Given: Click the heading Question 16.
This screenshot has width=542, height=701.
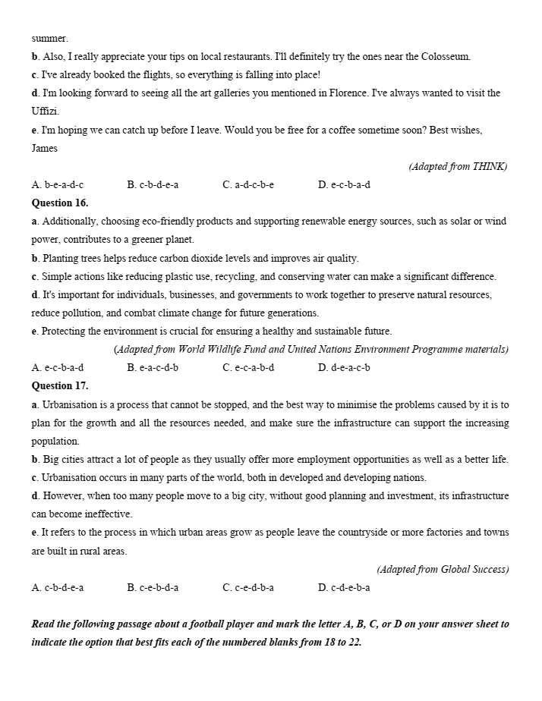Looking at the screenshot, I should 60,203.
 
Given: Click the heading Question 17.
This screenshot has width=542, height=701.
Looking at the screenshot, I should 60,385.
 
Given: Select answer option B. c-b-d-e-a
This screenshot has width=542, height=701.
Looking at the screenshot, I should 153,184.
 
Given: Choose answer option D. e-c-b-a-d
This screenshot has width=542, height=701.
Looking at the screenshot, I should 344,184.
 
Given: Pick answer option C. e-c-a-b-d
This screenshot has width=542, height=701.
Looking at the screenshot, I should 248,367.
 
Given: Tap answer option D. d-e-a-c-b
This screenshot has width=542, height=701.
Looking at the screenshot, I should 344,367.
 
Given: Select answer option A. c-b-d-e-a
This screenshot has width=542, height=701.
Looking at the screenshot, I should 58,587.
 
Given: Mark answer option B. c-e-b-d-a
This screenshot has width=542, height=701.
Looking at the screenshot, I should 153,587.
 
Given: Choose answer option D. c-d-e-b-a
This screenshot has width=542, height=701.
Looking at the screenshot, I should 344,587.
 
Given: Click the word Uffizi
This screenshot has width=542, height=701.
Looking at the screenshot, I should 44,112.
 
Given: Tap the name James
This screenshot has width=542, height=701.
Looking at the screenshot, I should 44,148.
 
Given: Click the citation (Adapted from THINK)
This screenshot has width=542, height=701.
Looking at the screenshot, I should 458,166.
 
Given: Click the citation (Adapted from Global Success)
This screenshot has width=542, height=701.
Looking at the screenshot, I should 442,569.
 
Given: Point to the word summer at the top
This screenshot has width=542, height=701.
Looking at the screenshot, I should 49,38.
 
